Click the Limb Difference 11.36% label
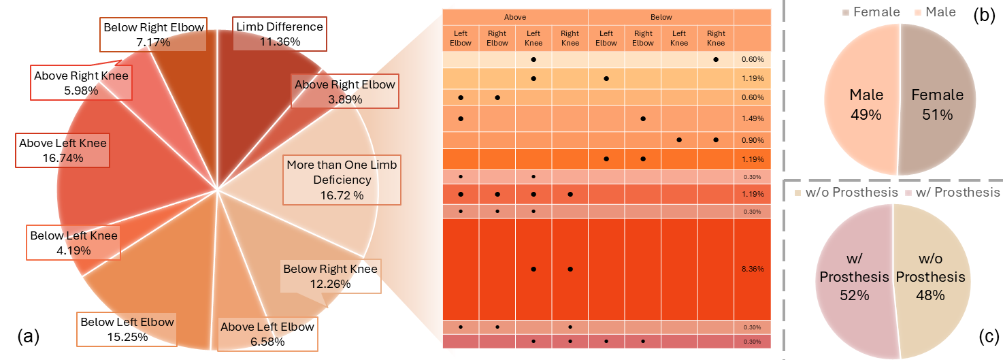[x=280, y=34]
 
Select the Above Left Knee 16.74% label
[x=63, y=150]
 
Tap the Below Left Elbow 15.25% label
[x=127, y=329]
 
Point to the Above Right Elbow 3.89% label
[x=344, y=92]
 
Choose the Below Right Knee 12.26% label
[x=330, y=276]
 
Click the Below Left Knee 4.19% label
[x=73, y=243]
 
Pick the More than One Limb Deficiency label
[x=342, y=180]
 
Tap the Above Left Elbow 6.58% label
[x=267, y=333]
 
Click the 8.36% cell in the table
[x=751, y=269]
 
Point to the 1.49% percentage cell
[x=751, y=118]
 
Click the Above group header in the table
[x=515, y=18]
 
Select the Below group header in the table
[x=661, y=18]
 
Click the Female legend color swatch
[x=846, y=12]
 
